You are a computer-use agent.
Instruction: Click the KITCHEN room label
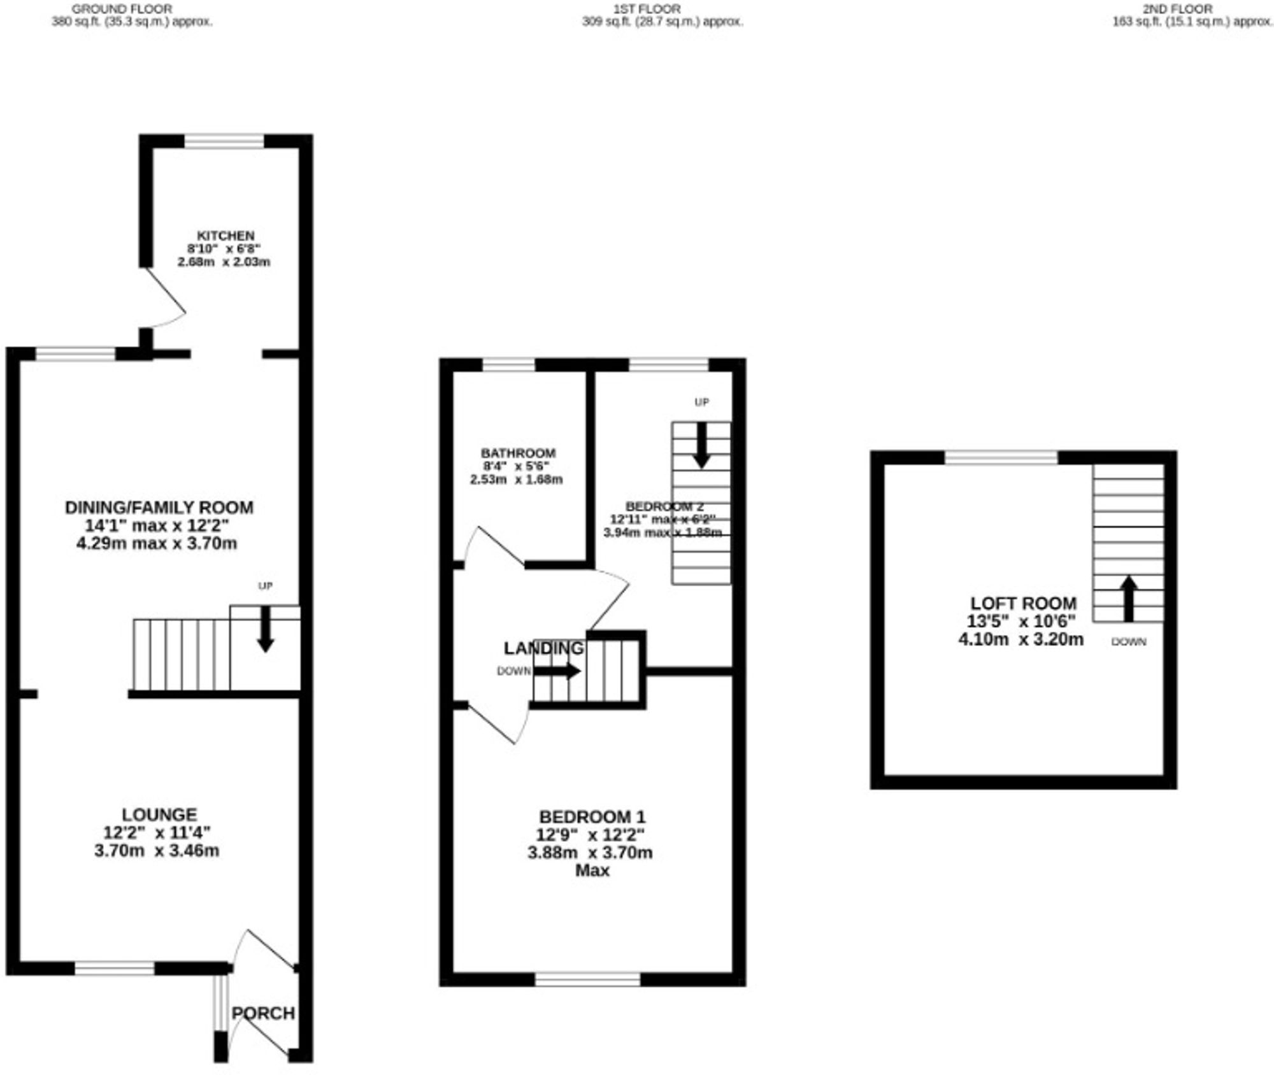point(225,236)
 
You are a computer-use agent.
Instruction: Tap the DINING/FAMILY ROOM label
point(159,508)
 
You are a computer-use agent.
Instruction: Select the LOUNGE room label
point(159,815)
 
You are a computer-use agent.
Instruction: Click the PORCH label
point(263,1013)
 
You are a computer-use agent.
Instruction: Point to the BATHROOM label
point(518,453)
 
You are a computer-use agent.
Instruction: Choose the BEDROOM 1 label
point(592,816)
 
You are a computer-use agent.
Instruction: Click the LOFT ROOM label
point(1023,603)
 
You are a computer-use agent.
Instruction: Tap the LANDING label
point(543,648)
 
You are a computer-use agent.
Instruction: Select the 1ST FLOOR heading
point(647,9)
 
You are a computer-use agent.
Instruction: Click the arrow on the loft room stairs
point(1129,598)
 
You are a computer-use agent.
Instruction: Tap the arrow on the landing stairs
point(557,671)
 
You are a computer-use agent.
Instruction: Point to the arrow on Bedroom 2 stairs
point(701,445)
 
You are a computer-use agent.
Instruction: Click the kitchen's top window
point(224,141)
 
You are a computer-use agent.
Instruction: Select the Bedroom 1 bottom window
point(587,979)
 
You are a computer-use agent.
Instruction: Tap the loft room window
point(1001,457)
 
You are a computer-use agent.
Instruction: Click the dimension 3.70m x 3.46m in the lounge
point(157,851)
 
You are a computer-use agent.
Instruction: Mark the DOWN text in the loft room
point(1128,642)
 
